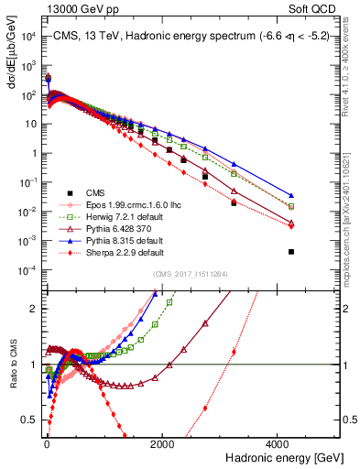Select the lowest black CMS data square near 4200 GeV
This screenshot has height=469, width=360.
coord(291,252)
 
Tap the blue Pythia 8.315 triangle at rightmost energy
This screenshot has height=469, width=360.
coord(291,195)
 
